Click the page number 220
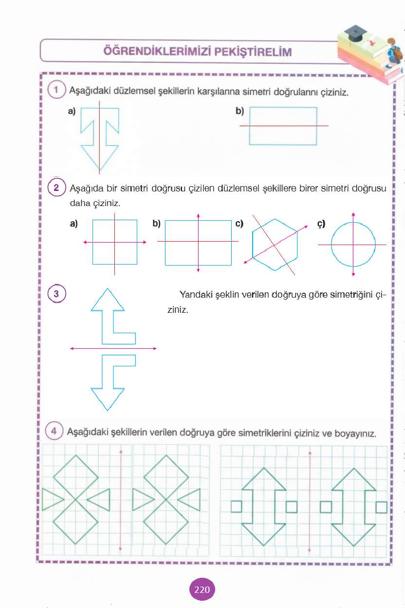(x=202, y=590)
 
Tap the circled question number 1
(x=56, y=90)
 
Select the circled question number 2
(x=56, y=188)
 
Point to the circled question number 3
(x=56, y=294)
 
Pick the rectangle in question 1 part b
(x=283, y=126)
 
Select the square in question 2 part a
(x=115, y=242)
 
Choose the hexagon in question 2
(x=275, y=244)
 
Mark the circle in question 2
(x=353, y=244)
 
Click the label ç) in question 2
(x=321, y=224)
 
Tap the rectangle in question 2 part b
(x=198, y=242)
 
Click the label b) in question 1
(x=239, y=111)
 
